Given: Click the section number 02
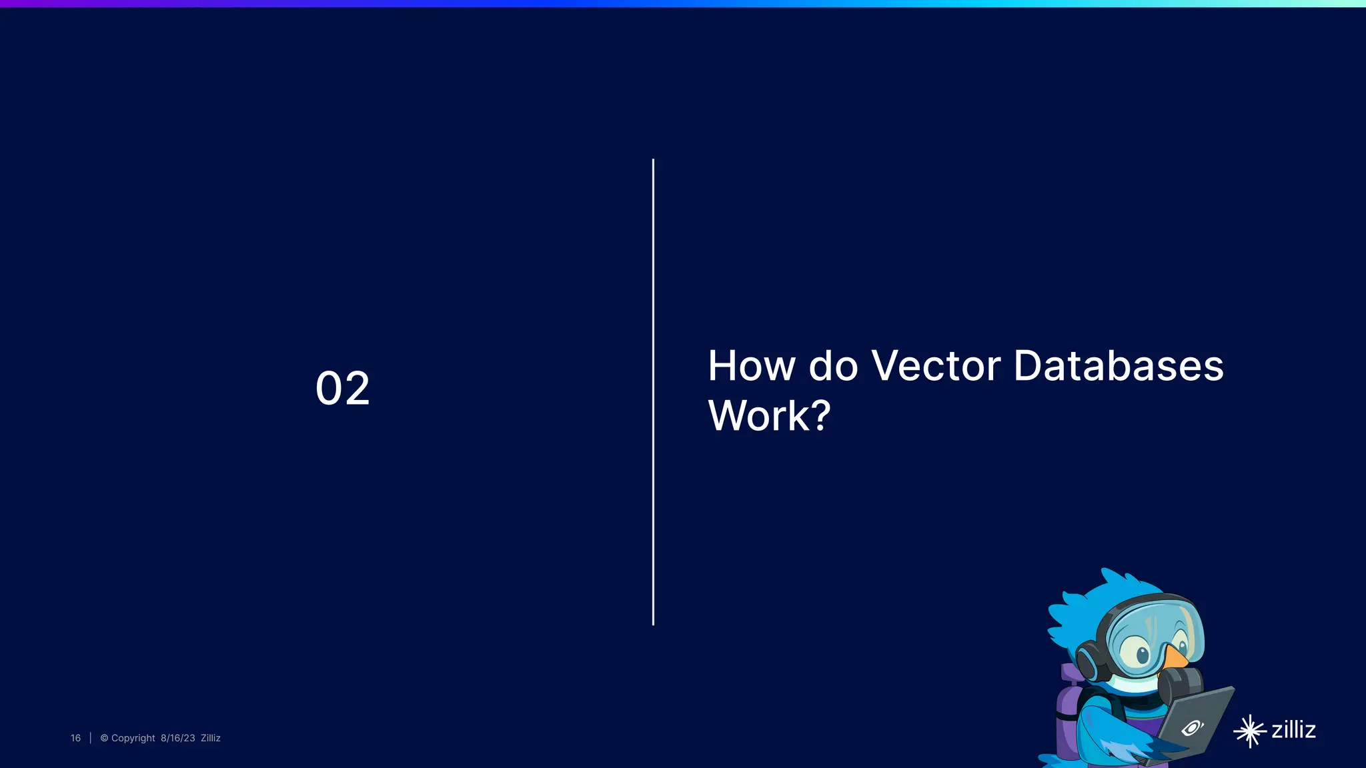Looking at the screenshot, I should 342,388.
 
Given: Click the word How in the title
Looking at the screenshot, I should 751,366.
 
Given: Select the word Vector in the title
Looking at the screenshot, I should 936,366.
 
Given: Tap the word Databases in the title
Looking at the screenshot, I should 1118,366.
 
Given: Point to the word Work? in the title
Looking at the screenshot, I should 769,416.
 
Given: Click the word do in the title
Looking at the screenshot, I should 833,366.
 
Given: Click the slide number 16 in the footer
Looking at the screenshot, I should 75,738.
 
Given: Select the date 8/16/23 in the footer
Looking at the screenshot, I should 177,738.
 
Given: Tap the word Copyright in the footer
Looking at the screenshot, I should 133,738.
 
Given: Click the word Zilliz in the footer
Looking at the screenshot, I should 210,738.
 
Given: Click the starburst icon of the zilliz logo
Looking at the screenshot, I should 1249,731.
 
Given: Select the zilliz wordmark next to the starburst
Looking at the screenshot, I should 1293,730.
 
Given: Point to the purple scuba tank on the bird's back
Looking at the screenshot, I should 1068,713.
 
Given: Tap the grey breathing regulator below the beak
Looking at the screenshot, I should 1181,683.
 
